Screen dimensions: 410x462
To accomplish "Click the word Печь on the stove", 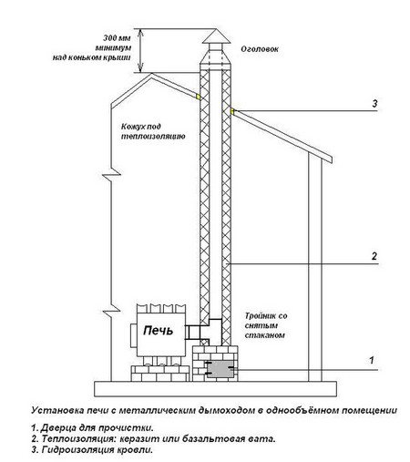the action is (x=158, y=331).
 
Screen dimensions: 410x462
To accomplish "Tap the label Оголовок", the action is (x=260, y=49).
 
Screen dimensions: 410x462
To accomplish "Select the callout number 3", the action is (x=374, y=103).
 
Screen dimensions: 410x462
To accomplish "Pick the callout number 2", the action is (x=374, y=256).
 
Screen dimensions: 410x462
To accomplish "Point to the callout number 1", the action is (x=372, y=361).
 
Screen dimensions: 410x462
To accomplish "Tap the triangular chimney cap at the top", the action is (x=216, y=36).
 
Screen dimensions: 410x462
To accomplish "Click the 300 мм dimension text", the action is (x=117, y=38).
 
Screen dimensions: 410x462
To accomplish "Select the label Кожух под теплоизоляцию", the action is (x=153, y=131).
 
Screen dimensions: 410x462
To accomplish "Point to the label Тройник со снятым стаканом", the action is (x=266, y=325).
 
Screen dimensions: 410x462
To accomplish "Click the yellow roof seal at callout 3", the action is (x=232, y=111).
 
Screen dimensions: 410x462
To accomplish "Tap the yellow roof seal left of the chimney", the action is (x=199, y=97).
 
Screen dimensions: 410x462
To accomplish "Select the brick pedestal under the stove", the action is (x=159, y=374).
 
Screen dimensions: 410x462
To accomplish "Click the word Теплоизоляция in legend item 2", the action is (x=79, y=439).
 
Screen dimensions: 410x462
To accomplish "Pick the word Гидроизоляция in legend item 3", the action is (x=77, y=450).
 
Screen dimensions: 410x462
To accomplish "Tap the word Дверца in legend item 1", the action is (x=58, y=428).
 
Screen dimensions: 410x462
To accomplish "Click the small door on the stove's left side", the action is (x=134, y=336).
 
